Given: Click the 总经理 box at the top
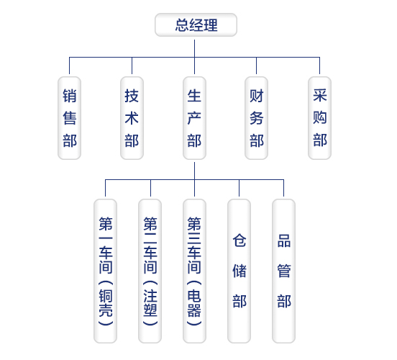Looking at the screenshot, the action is pos(196,25).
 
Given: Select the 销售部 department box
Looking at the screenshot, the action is pos(69,118).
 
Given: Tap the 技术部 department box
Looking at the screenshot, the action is pos(132,118).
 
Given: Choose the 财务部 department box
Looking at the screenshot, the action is pos(256,118).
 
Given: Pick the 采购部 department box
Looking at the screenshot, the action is pos(319,118).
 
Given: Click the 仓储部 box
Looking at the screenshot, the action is pos(239,271).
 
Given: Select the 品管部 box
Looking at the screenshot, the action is pos(283,271).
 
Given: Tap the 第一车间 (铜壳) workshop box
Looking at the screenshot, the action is pos(105,271).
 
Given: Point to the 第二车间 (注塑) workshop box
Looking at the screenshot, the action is pos(150,271).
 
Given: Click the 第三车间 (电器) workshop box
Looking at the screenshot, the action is pos(194,271).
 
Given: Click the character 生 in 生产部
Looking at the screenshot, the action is pos(194,96).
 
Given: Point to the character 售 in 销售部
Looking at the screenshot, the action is pos(70,118).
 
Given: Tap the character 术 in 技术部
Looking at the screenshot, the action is pos(132,118).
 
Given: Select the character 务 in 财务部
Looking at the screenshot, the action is pos(257,118).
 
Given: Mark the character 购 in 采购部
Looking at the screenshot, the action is pos(320,117).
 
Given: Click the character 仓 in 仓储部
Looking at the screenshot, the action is pos(239,240).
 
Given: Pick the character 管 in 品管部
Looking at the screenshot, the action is pos(284,271).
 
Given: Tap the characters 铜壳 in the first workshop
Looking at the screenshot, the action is pos(106,303).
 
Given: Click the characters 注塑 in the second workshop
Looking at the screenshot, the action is pos(150,303).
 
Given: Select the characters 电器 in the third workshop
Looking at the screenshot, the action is pos(194,303).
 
